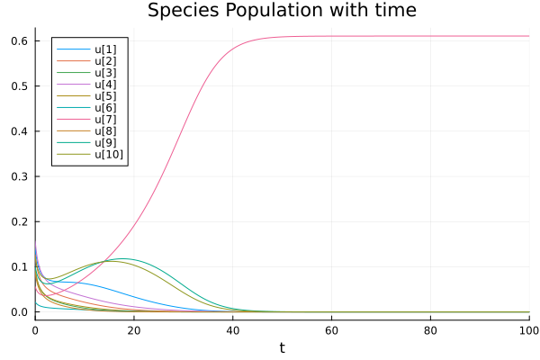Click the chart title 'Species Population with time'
click(x=281, y=11)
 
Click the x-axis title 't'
click(x=282, y=347)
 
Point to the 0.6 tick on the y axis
click(x=19, y=41)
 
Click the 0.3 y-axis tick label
click(x=19, y=176)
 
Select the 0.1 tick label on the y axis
click(x=19, y=267)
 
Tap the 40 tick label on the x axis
click(x=233, y=330)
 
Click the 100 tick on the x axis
click(x=528, y=330)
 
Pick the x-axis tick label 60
click(x=332, y=330)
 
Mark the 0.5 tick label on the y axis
click(x=19, y=86)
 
